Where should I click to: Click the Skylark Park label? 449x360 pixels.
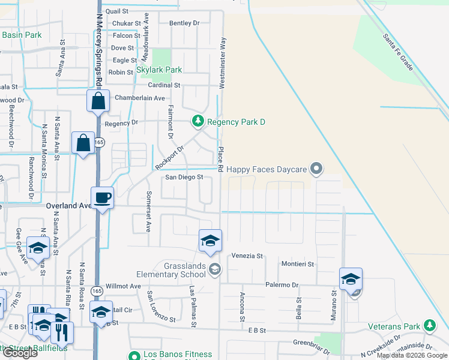coord(159,70)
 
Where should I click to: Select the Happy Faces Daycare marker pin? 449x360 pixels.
coord(317,169)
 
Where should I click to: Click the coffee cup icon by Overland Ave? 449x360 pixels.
coord(101,198)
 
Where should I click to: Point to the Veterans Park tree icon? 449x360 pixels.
coord(429,326)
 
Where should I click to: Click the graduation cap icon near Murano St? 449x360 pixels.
coord(351,279)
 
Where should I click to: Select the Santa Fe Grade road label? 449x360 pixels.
coord(397,52)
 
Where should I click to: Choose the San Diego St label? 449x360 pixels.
coord(185,178)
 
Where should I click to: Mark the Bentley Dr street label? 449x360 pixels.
coord(184,23)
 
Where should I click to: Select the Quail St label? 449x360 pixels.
coord(116,11)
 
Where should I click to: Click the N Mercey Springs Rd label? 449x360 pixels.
coord(98,42)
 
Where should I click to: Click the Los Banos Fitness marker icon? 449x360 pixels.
coord(134,355)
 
